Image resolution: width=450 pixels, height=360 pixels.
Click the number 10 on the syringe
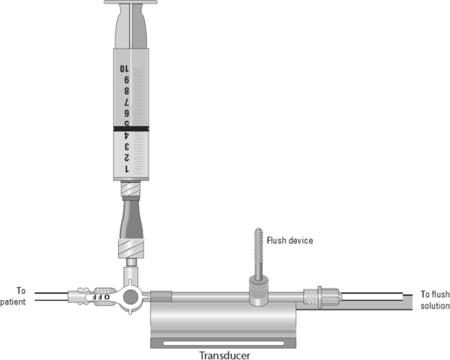point(124,69)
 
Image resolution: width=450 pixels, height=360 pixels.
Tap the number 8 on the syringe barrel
point(127,91)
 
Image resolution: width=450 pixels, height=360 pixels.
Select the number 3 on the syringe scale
point(127,146)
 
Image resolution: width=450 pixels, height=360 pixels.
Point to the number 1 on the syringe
point(127,169)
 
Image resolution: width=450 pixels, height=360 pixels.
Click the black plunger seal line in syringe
point(131,129)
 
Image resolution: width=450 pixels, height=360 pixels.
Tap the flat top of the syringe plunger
point(131,2)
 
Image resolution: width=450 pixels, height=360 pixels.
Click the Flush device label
point(290,241)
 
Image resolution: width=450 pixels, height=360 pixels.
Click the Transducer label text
point(225,355)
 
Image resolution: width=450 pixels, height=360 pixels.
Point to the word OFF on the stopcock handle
point(102,297)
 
